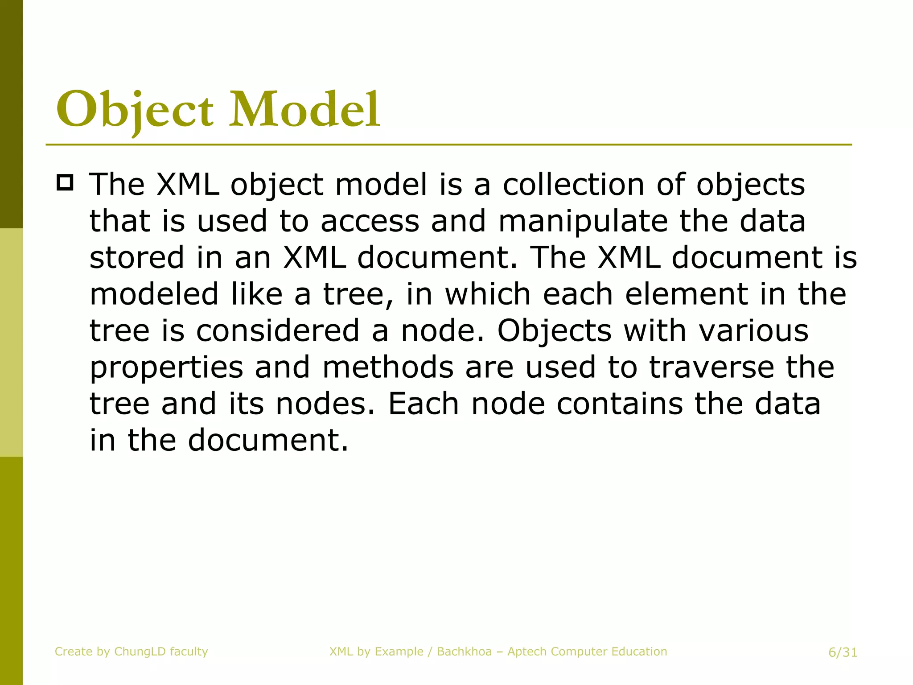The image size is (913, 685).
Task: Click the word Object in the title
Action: [x=135, y=109]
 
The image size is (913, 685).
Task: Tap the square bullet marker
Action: [x=65, y=183]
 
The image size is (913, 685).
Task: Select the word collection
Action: [x=574, y=184]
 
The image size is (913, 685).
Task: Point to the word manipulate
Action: [x=583, y=221]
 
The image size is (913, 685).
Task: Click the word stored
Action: [x=136, y=257]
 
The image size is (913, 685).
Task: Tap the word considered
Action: [x=277, y=331]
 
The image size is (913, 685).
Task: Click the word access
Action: [x=370, y=221]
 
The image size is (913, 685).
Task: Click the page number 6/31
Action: [x=843, y=652]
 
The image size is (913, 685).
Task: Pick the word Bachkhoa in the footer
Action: [x=464, y=652]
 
